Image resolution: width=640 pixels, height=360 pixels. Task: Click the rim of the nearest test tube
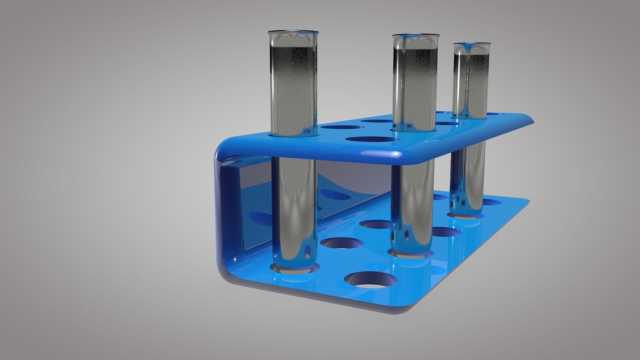point(293,32)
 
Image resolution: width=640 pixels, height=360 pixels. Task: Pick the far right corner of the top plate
point(531,120)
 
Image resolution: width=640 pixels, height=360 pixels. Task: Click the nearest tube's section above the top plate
point(293,83)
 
